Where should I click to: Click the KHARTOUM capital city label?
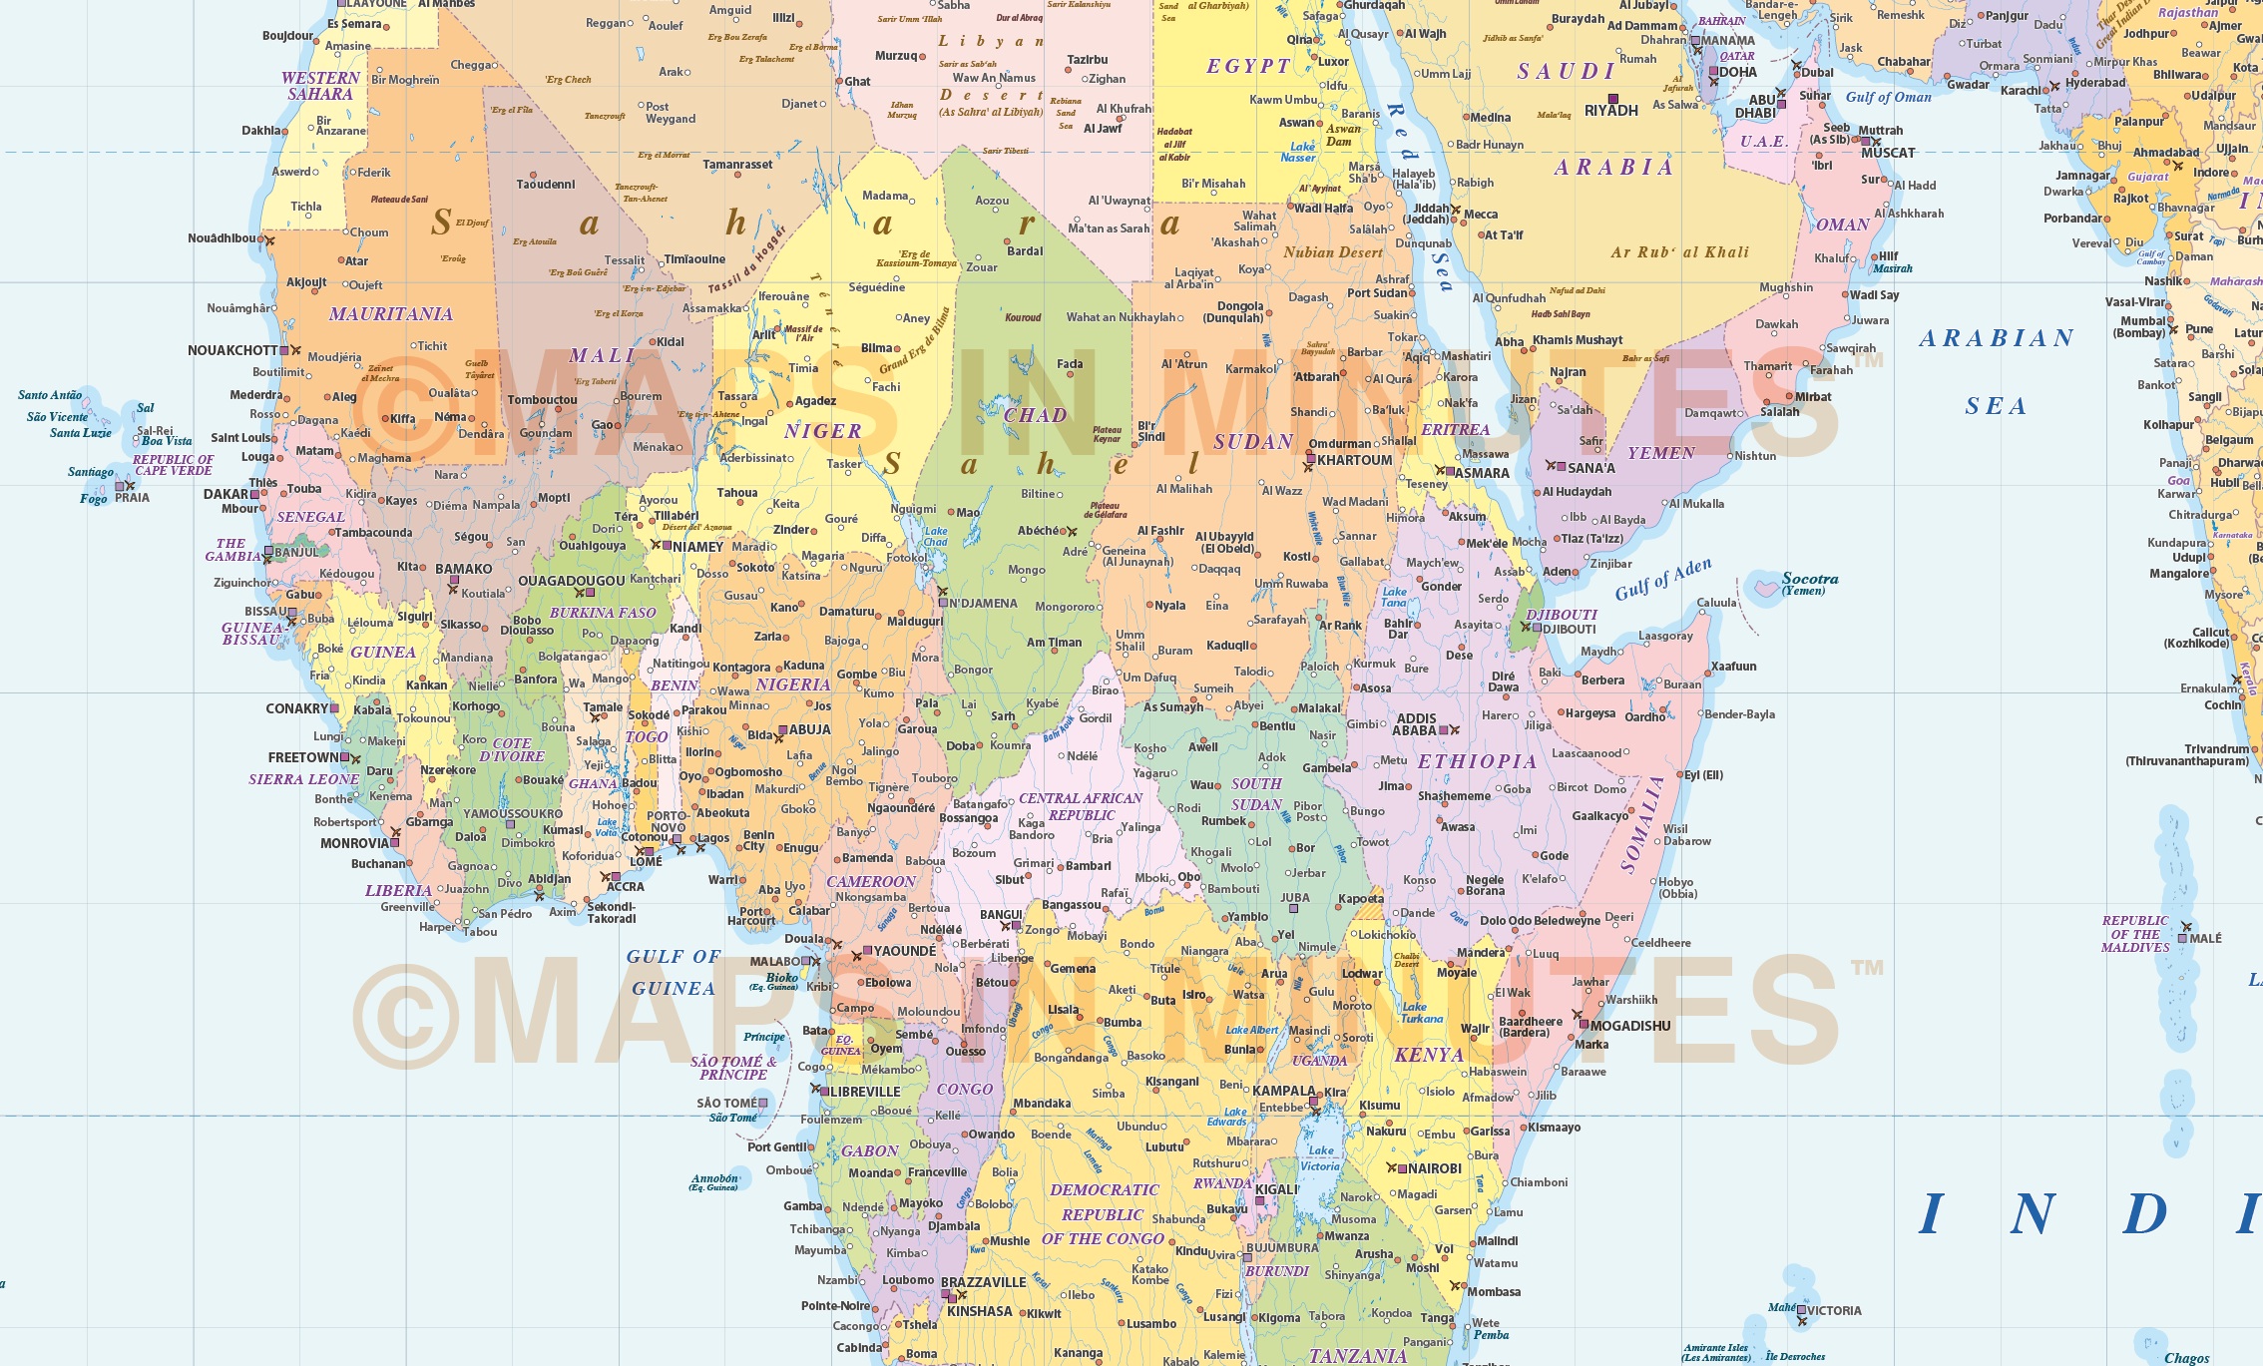1354,460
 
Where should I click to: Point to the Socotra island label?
1809,579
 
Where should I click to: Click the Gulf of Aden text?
1662,580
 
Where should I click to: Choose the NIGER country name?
822,431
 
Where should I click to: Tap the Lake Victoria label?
1320,1158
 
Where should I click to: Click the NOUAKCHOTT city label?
232,350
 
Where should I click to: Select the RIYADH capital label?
1610,111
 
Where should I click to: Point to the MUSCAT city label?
1888,153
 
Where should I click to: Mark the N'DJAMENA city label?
983,604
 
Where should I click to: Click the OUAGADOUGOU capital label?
571,581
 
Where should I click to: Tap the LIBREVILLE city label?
865,1092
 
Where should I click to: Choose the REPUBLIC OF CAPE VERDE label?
173,465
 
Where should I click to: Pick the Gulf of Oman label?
1888,97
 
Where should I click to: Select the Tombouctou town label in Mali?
542,400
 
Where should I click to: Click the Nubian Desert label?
1333,252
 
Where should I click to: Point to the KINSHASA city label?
979,1311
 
